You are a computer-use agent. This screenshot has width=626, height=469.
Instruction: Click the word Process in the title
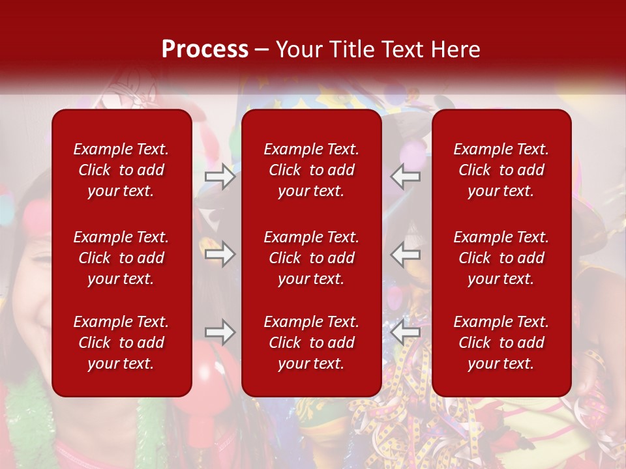[x=205, y=50]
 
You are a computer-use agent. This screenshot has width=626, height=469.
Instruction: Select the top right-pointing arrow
[x=220, y=176]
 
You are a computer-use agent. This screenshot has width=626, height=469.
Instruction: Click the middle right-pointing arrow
[x=220, y=254]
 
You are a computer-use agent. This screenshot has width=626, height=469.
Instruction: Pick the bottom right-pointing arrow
[x=220, y=332]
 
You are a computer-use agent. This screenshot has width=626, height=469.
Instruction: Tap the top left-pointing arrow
[x=406, y=176]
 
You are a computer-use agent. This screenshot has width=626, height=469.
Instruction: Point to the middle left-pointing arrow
[x=406, y=254]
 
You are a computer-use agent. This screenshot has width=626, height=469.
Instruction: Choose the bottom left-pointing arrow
[x=406, y=332]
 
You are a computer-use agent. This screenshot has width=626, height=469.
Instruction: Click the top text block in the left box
[x=121, y=170]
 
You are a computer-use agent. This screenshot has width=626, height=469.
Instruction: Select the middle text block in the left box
[x=121, y=258]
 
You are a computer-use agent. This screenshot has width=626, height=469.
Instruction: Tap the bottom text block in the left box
[x=121, y=343]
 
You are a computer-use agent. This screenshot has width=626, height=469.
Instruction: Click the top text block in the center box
[x=312, y=170]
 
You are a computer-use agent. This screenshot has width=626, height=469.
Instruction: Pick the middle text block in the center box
[x=312, y=258]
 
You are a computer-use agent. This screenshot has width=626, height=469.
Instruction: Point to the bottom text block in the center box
[x=312, y=343]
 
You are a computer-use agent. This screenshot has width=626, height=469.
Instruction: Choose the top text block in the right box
[x=501, y=170]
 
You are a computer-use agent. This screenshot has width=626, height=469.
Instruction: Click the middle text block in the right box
[x=501, y=258]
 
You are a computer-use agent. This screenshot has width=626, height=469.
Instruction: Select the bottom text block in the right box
[x=501, y=343]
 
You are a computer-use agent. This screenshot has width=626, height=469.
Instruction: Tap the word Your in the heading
[x=297, y=50]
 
